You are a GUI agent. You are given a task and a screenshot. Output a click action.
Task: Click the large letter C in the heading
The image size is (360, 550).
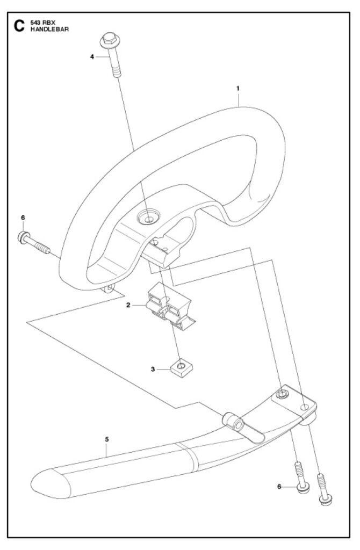(19, 26)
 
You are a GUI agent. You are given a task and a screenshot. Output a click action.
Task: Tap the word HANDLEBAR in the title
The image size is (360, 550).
(49, 29)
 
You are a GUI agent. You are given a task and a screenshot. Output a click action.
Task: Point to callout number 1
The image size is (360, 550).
(238, 89)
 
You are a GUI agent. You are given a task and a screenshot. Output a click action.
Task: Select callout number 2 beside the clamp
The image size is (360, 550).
(128, 305)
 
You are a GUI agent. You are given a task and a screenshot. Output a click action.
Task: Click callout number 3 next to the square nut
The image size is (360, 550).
(153, 370)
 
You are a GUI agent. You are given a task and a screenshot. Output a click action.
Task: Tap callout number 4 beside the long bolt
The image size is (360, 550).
(92, 56)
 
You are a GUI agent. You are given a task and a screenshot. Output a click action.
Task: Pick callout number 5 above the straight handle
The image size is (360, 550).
(107, 439)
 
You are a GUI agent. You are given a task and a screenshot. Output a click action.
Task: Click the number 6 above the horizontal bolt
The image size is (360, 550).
(23, 218)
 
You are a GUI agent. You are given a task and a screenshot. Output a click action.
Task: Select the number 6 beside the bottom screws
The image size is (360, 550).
(279, 487)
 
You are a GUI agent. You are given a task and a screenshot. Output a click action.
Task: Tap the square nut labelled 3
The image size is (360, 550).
(182, 369)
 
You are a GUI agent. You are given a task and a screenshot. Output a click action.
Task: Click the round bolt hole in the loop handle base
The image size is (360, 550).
(148, 218)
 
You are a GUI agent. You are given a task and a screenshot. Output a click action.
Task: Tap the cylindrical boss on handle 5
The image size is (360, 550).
(233, 422)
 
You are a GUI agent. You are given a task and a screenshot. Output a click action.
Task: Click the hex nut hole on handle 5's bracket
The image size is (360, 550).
(281, 394)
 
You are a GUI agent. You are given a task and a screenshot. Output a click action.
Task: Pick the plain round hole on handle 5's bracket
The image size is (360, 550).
(305, 407)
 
